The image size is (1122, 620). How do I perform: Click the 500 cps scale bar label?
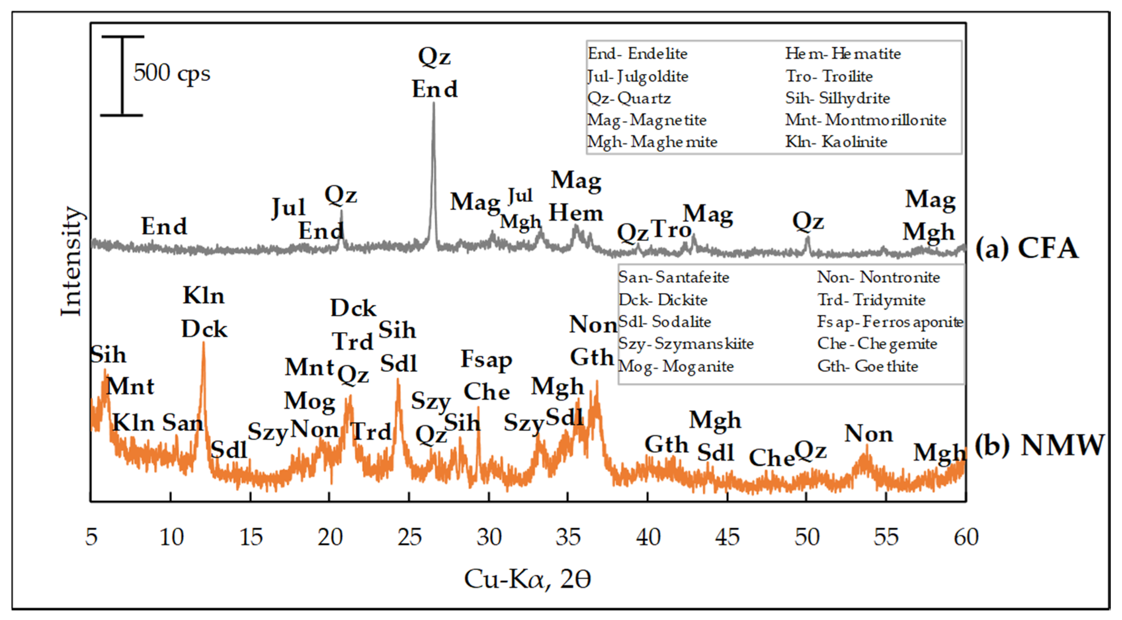point(172,73)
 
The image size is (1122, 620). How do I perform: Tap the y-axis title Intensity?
point(72,261)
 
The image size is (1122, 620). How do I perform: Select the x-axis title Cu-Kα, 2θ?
point(527,579)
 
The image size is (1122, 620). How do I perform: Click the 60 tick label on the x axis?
point(966,537)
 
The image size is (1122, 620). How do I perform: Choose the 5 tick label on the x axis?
point(91,537)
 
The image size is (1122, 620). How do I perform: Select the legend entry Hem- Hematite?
point(843,54)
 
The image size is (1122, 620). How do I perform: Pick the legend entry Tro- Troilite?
point(829,76)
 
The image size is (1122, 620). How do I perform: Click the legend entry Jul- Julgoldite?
point(638,77)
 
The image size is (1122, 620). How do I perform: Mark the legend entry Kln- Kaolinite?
point(836,142)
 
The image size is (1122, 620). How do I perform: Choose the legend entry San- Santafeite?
point(674,277)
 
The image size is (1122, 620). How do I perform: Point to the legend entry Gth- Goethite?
point(867,366)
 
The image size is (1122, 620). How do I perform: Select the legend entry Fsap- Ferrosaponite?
point(890,322)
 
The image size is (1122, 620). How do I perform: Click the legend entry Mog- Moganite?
point(676,366)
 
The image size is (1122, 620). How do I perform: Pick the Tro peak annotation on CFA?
point(670,229)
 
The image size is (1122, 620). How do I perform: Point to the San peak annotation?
point(183,422)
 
